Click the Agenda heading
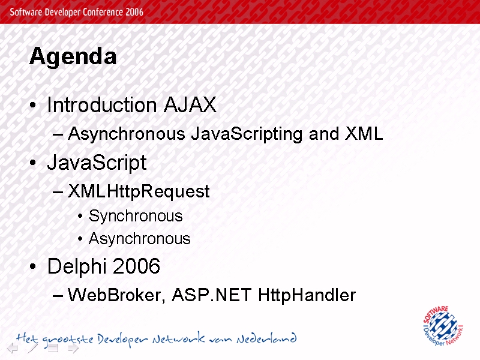(73, 56)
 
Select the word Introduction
(102, 105)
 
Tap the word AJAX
(190, 105)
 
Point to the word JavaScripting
(247, 134)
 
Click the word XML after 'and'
(364, 133)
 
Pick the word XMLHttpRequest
(139, 191)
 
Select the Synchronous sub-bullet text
(136, 217)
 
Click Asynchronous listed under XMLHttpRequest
(140, 239)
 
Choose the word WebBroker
(116, 295)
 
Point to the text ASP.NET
(212, 295)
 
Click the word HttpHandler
(307, 295)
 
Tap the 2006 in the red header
(134, 12)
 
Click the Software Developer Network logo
(443, 326)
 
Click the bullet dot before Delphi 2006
(33, 266)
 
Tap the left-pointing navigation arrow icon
(13, 348)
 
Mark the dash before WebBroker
(58, 296)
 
